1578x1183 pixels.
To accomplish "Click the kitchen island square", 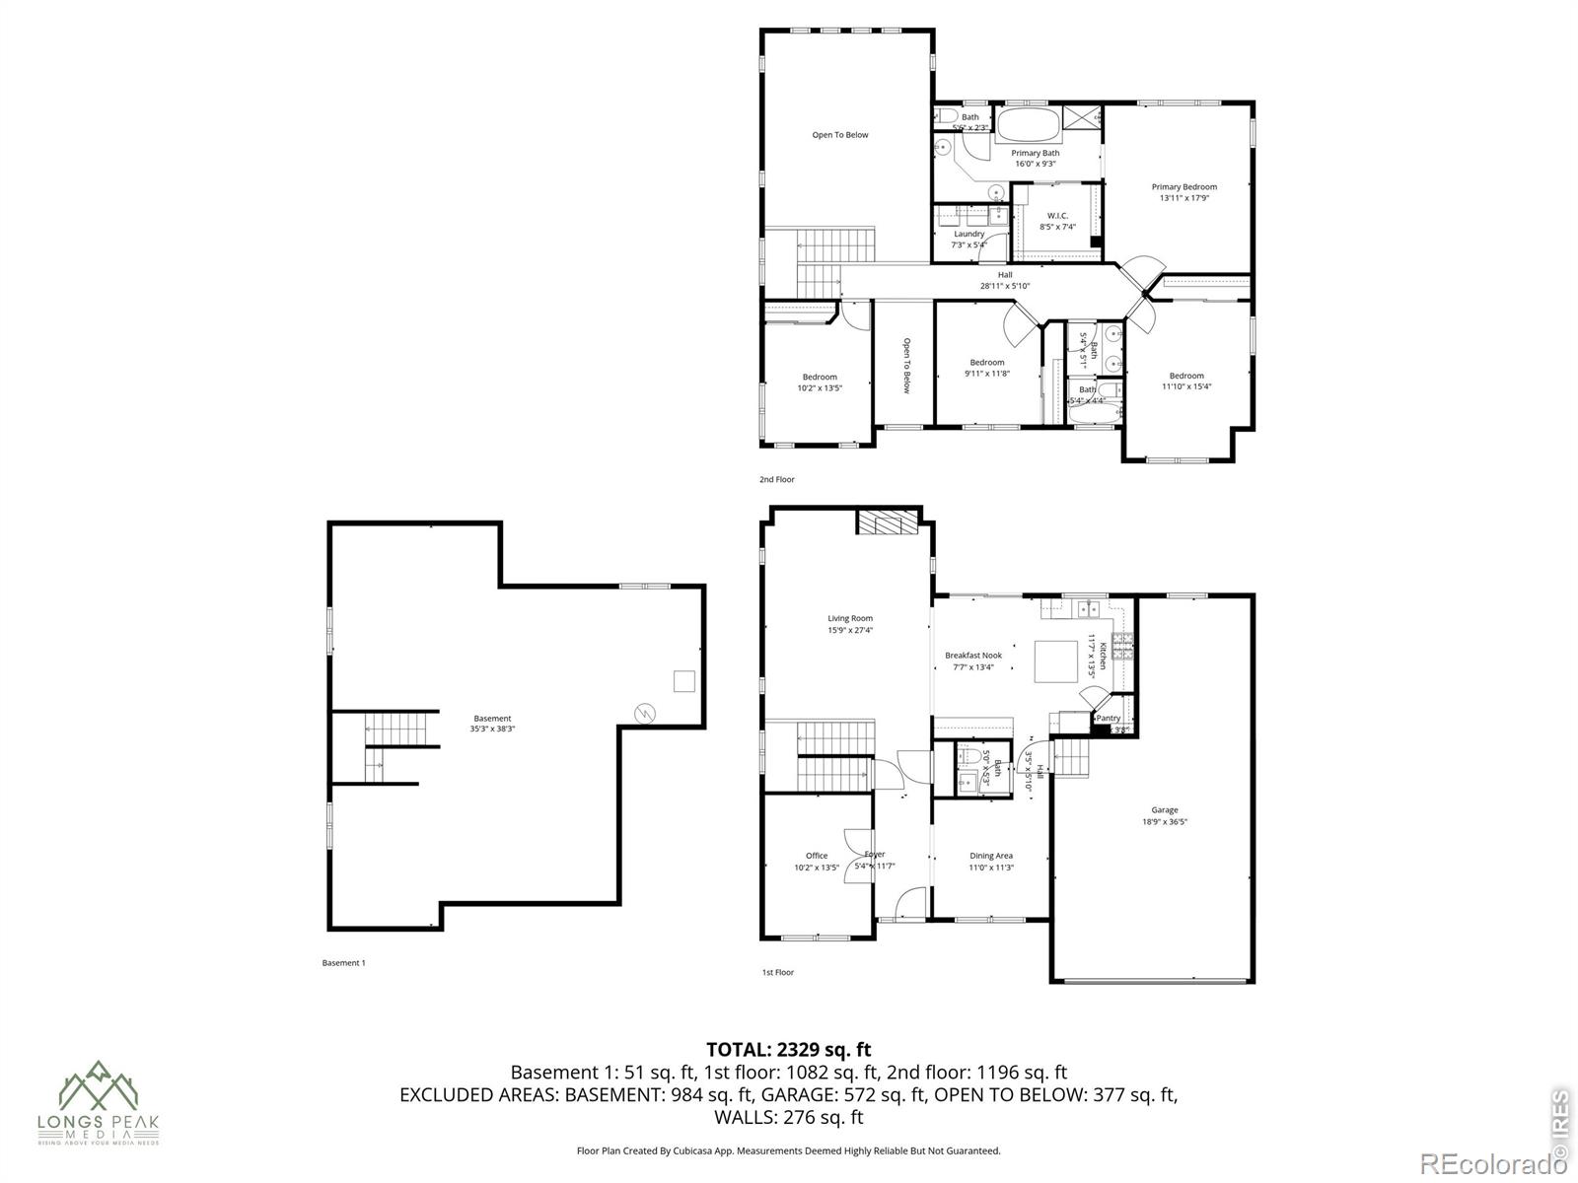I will pyautogui.click(x=1055, y=661).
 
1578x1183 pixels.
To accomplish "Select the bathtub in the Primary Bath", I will pyautogui.click(x=1028, y=125).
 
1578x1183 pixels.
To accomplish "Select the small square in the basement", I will pyautogui.click(x=683, y=680).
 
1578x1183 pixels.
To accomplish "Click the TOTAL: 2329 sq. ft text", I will pyautogui.click(x=788, y=1050).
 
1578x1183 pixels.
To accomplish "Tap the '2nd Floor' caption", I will pyautogui.click(x=776, y=479).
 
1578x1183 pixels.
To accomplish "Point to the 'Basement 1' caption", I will pyautogui.click(x=343, y=963).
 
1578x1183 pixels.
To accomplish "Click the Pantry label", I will pyautogui.click(x=1109, y=718).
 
